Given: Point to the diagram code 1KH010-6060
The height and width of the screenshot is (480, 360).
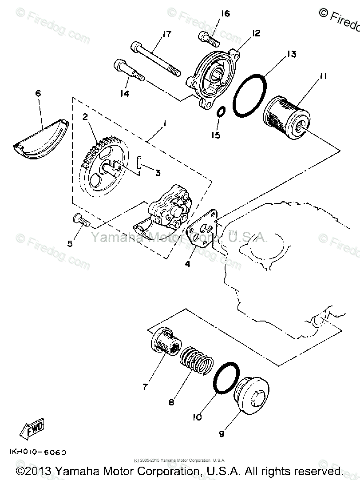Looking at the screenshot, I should (x=37, y=452).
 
